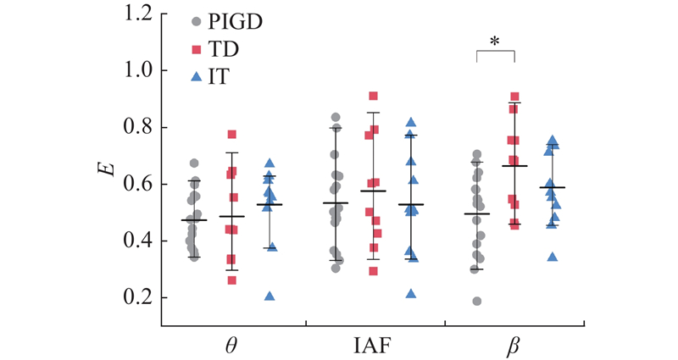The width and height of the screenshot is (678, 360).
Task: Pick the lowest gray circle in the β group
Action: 478,301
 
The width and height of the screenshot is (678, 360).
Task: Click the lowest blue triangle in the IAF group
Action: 411,294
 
